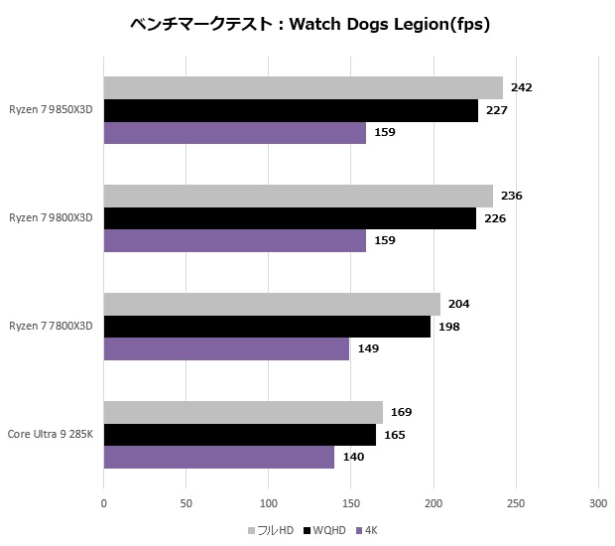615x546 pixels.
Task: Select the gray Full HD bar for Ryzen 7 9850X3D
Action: tap(303, 87)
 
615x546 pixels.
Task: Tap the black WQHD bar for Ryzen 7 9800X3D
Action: tap(290, 218)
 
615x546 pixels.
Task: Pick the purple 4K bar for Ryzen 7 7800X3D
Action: tap(226, 348)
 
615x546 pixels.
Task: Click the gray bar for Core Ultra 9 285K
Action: tap(243, 412)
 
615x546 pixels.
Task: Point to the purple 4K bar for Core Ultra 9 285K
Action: tap(219, 457)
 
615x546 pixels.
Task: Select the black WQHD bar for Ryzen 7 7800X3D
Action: tap(267, 327)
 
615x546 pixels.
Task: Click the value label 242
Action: tap(522, 87)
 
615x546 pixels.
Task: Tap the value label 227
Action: tap(497, 110)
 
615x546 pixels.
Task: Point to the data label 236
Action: tap(512, 196)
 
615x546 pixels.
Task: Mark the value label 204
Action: tap(459, 305)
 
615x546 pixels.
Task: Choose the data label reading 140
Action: tap(353, 457)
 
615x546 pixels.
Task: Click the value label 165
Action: tap(394, 435)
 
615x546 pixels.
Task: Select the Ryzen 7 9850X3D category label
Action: tap(51, 110)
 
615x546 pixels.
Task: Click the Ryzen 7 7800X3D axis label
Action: tap(51, 327)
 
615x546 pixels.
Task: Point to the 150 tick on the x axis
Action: tap(350, 503)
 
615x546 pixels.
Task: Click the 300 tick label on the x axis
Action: tap(597, 503)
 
